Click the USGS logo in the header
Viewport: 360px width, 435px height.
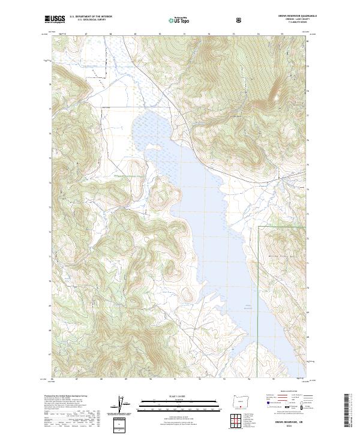pos(56,19)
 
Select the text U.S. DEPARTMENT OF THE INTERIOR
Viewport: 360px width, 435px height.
pos(89,17)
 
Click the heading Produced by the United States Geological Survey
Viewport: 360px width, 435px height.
pos(64,397)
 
